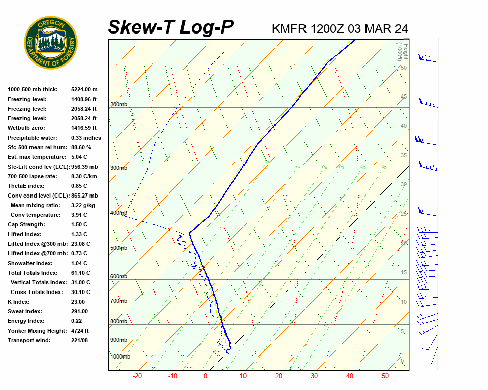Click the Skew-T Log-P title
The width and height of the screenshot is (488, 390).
[x=171, y=27]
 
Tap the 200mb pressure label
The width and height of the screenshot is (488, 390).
[x=118, y=105]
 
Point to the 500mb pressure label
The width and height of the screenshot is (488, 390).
[x=118, y=248]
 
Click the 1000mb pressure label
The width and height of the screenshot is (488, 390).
[x=120, y=357]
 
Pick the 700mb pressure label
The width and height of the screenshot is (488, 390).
[x=118, y=301]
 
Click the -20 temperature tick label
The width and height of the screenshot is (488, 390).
[x=137, y=376]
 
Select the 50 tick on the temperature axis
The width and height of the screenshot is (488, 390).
[x=385, y=376]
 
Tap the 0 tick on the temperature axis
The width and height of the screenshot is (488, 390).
[x=205, y=376]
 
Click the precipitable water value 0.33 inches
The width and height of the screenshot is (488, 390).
[x=86, y=138]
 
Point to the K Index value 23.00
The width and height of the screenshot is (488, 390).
[x=78, y=302]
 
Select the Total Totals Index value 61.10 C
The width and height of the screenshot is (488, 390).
[x=80, y=273]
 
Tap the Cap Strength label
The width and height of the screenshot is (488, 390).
[x=26, y=224]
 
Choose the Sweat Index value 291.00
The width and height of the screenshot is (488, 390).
[x=79, y=311]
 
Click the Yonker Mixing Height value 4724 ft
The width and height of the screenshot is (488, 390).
[x=81, y=331]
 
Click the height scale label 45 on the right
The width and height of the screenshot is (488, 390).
[x=404, y=97]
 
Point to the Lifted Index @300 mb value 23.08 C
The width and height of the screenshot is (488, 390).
[x=80, y=244]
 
